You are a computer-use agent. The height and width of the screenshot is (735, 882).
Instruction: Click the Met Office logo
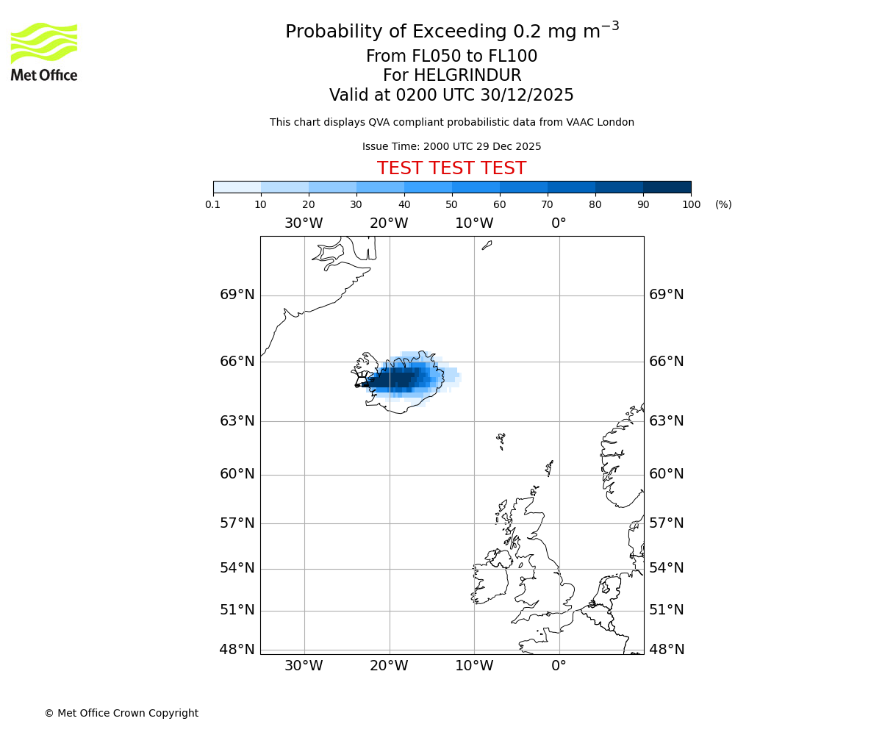coord(44,51)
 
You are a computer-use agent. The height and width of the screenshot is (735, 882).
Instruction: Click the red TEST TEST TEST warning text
coord(451,168)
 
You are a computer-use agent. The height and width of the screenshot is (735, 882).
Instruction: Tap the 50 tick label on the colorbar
coord(451,204)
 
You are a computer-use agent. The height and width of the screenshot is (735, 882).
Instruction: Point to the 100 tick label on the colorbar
coord(691,204)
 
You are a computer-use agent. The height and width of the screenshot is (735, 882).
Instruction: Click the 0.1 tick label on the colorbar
coord(213,204)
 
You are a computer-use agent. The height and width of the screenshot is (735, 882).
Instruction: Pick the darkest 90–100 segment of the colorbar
coord(667,187)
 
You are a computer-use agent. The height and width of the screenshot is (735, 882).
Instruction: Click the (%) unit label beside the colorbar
coord(723,204)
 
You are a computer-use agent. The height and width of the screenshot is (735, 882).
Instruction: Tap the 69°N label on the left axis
coord(237,295)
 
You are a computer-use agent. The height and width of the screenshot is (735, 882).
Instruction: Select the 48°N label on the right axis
coord(666,650)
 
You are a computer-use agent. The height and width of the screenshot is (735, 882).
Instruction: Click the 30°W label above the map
coord(304,223)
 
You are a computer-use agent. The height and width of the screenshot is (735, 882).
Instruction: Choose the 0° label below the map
coord(559,666)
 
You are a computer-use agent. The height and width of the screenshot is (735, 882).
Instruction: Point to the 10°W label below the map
coord(474,666)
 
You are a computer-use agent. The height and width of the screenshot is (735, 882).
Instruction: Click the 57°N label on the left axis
coord(237,523)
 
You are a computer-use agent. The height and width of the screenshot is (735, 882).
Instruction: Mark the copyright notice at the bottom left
coord(121,713)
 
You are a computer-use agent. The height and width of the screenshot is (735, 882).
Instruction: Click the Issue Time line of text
coord(451,146)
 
